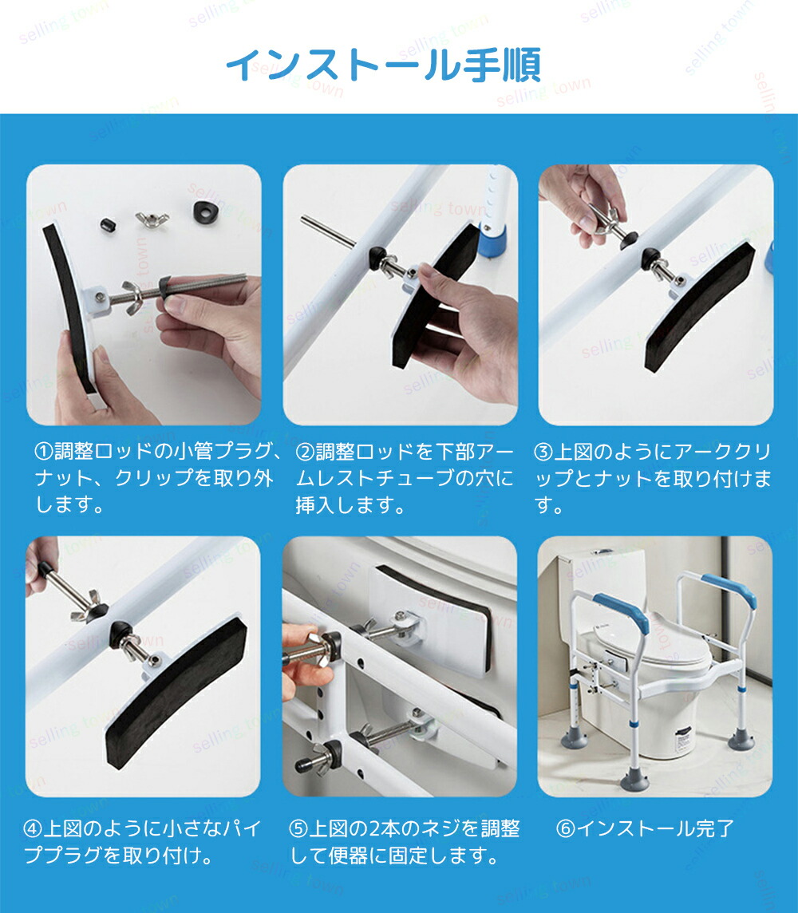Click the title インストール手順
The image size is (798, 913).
(x=383, y=65)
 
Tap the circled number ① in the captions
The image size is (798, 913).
(x=44, y=451)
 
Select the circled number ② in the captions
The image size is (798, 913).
(x=305, y=451)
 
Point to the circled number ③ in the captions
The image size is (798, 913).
(x=543, y=452)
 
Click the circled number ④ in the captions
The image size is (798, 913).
(x=33, y=828)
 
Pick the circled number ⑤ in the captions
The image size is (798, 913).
(x=298, y=828)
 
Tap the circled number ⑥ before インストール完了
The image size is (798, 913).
(x=566, y=828)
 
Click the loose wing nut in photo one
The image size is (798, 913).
(x=152, y=219)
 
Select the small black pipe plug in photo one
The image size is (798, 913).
(x=106, y=225)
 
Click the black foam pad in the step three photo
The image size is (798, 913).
(x=698, y=306)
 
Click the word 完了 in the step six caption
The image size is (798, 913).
(x=715, y=828)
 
